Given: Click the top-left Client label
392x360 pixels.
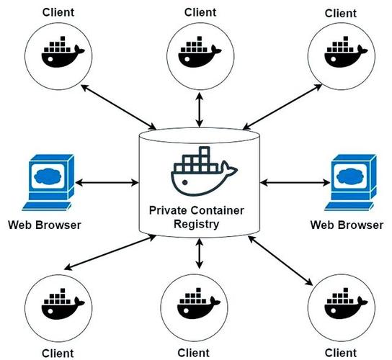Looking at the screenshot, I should click(60, 13).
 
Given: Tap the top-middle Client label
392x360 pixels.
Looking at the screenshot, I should click(200, 12).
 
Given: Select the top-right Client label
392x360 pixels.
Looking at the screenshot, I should click(341, 13).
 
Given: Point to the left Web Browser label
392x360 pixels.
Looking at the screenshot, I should click(45, 224).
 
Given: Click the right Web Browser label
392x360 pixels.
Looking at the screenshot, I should click(347, 224).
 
